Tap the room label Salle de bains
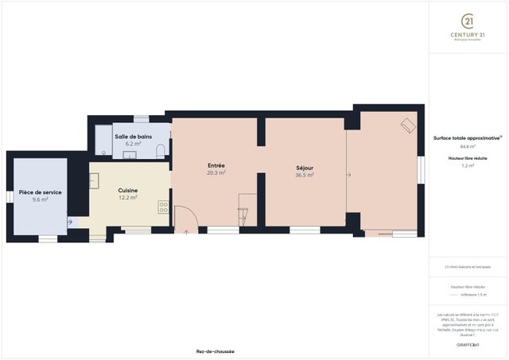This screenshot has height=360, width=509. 133,136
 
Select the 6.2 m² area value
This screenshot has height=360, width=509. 133,143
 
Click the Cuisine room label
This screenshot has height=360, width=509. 128,191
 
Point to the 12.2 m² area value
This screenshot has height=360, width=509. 128,198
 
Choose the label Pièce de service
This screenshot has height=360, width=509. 41,192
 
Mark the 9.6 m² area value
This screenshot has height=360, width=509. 41,199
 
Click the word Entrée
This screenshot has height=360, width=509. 216,165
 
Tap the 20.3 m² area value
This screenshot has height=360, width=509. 216,172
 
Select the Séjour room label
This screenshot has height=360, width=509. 305,168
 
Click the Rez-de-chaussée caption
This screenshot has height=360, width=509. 215,351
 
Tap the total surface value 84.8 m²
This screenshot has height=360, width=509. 468,147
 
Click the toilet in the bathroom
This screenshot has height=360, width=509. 161,151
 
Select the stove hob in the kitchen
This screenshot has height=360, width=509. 163,207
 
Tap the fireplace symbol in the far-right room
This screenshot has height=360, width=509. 408,126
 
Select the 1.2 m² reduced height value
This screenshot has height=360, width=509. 468,166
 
